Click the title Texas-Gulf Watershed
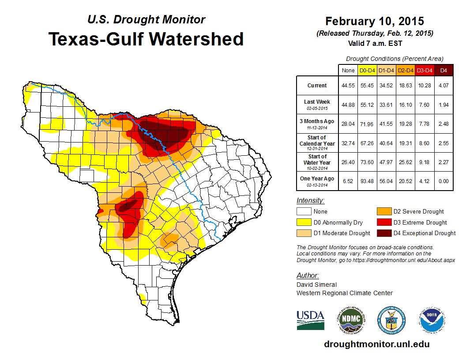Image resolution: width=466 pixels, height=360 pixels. pyautogui.click(x=146, y=39)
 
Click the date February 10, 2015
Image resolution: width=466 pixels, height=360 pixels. pyautogui.click(x=375, y=21)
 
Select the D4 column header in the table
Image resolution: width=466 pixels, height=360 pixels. pyautogui.click(x=443, y=70)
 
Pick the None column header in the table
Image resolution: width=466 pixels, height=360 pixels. pyautogui.click(x=348, y=70)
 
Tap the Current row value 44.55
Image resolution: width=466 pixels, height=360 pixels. pyautogui.click(x=348, y=86)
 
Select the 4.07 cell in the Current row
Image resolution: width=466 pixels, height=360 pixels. pyautogui.click(x=443, y=86)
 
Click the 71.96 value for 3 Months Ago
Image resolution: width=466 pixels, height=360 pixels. pyautogui.click(x=367, y=124)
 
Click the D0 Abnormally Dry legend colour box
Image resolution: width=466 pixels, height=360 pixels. pyautogui.click(x=304, y=222)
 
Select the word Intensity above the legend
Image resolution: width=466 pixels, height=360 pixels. pyautogui.click(x=310, y=201)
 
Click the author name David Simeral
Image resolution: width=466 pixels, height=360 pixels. pyautogui.click(x=316, y=285)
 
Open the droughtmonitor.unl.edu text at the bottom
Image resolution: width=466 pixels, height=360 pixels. pyautogui.click(x=376, y=344)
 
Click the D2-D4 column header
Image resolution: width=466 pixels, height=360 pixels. pyautogui.click(x=406, y=70)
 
